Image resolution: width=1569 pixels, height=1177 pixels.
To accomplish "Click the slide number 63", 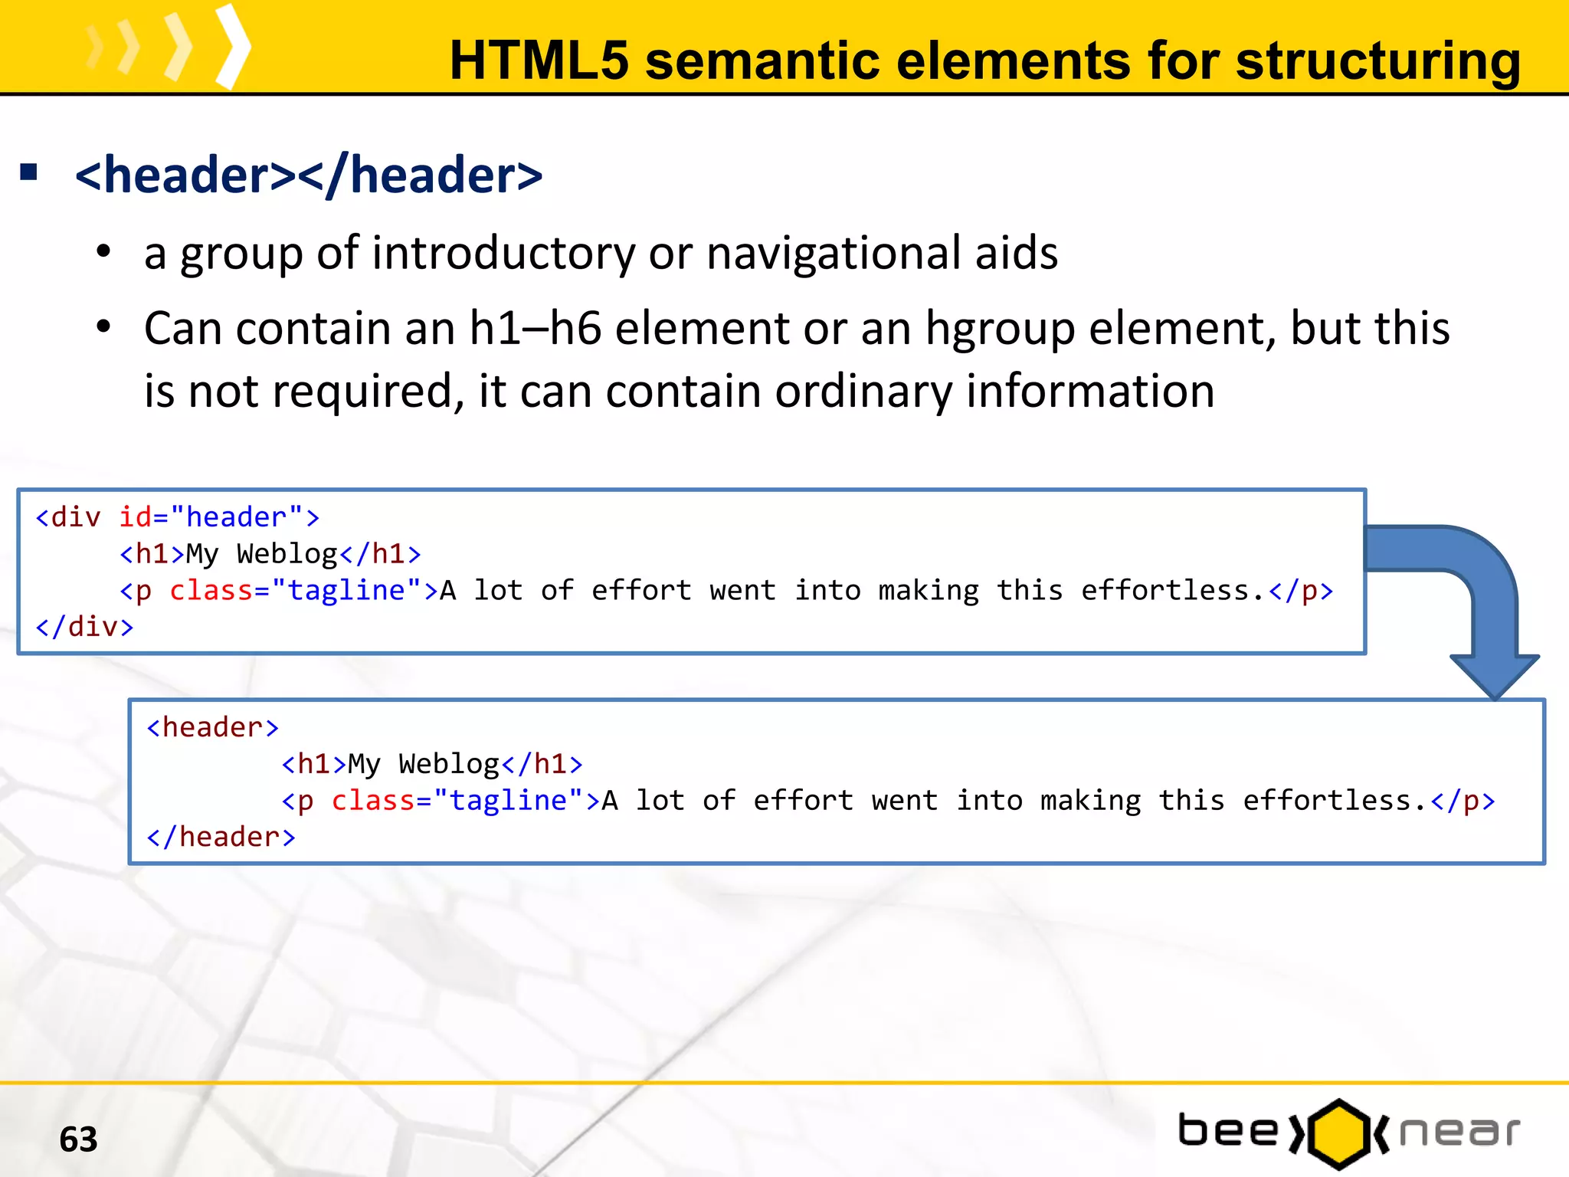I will (78, 1139).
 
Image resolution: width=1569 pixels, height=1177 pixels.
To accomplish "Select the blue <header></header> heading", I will (309, 175).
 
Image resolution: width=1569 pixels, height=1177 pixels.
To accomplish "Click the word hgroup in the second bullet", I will (1000, 329).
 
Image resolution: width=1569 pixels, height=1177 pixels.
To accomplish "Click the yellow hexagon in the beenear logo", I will (1338, 1134).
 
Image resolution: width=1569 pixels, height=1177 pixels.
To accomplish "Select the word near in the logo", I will (1459, 1133).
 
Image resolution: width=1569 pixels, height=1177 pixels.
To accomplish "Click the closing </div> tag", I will (84, 627).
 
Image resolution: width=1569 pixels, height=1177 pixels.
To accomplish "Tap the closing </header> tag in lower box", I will (221, 837).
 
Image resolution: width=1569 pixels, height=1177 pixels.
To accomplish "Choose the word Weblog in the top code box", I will (287, 554).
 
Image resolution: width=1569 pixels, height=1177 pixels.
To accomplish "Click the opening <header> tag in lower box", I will (212, 727).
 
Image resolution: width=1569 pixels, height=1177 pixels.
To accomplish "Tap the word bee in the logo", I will (1228, 1131).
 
